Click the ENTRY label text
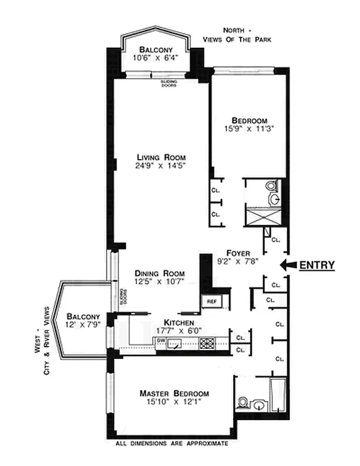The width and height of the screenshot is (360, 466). [317, 266]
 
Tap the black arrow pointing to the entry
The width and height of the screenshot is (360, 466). [287, 265]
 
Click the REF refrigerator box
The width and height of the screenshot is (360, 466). [210, 301]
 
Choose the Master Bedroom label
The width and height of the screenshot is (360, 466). [174, 393]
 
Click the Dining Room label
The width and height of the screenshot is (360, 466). [159, 273]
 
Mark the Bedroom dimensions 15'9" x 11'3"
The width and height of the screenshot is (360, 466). [249, 126]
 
